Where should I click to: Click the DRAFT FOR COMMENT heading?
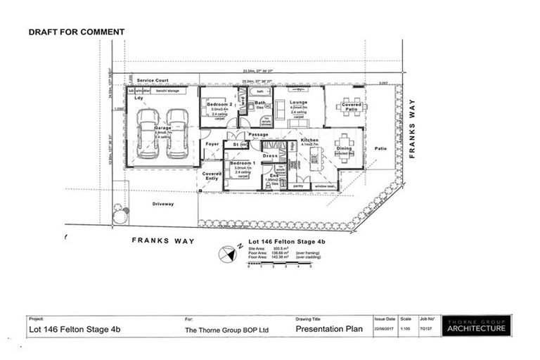[x=77, y=32]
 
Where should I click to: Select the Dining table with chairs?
[x=345, y=148]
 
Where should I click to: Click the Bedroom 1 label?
[x=241, y=163]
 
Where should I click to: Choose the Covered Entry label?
[x=212, y=175]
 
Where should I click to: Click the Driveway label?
[x=162, y=204]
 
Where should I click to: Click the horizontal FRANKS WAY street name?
[x=164, y=240]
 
